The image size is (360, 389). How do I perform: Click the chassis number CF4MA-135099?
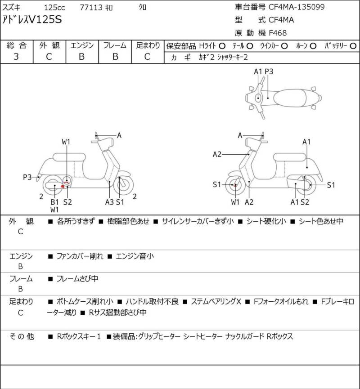[x=297, y=7]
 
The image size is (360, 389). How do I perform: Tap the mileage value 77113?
[x=90, y=7]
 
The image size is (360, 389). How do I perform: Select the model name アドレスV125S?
[x=33, y=19]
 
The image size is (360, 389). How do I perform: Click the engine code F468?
[x=278, y=32]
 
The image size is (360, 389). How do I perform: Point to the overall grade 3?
[x=16, y=57]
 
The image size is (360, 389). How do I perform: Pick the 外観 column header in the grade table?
[x=49, y=45]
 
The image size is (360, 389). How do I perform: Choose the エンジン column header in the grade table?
[x=82, y=45]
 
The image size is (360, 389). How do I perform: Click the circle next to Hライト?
[x=222, y=46]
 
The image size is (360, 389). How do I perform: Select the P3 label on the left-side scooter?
[x=27, y=177]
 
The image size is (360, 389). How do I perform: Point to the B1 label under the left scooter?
[x=54, y=202]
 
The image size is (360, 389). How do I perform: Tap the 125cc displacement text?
[x=55, y=7]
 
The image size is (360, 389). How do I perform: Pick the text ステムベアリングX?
[x=216, y=301]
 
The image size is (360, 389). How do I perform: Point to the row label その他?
[x=21, y=336]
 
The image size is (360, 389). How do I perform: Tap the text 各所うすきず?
[x=75, y=221]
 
